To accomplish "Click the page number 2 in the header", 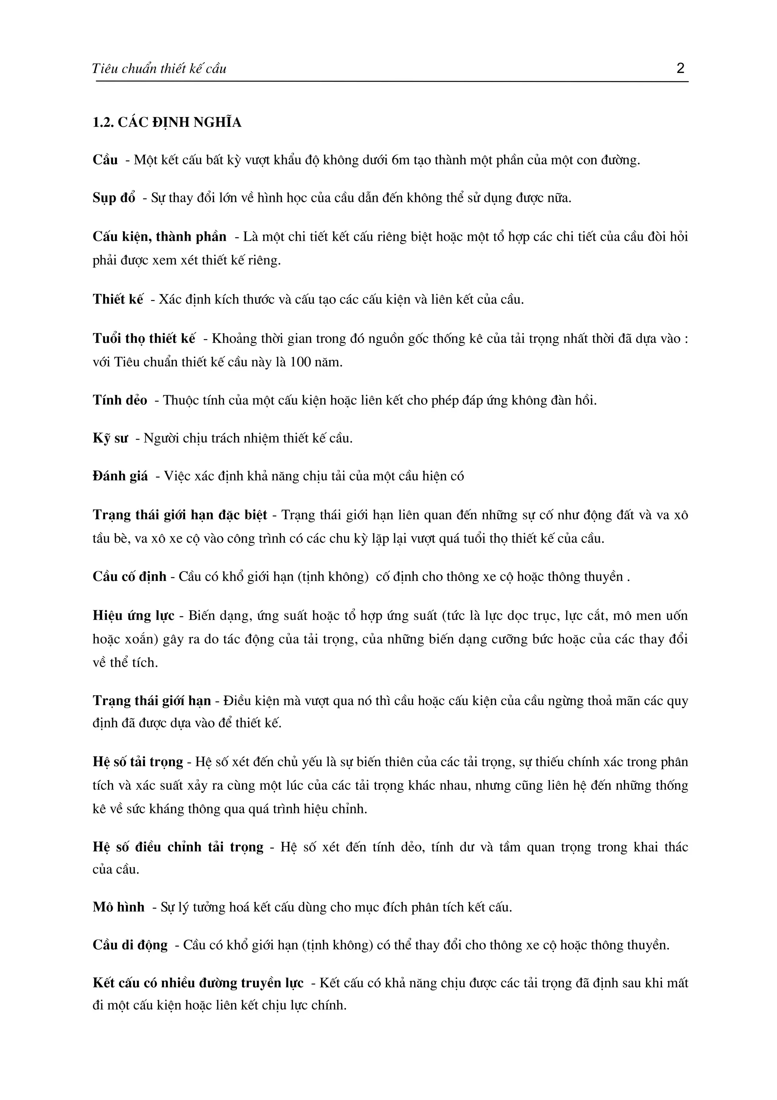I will [680, 68].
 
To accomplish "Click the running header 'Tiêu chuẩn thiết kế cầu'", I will [159, 69].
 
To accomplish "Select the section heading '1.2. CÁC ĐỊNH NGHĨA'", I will [167, 123].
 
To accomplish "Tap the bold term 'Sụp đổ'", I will [114, 198].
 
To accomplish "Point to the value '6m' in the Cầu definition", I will [401, 160].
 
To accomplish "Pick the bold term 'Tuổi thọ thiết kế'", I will [144, 339].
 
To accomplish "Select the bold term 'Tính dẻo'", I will [120, 400].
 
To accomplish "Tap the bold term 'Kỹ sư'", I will [110, 439].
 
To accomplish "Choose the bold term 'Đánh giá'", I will [120, 476].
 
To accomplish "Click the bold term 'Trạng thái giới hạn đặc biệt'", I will [179, 515].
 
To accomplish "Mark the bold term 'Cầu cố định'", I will [129, 576].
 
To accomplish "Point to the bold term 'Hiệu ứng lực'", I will [134, 615].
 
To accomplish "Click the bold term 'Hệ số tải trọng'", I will [138, 762].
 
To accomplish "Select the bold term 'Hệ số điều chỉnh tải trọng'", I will [178, 847].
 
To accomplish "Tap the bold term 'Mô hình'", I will [118, 907].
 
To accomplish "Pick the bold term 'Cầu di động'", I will [130, 945].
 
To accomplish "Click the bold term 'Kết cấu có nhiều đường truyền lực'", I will [198, 983].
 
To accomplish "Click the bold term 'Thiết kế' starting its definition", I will [118, 300].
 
